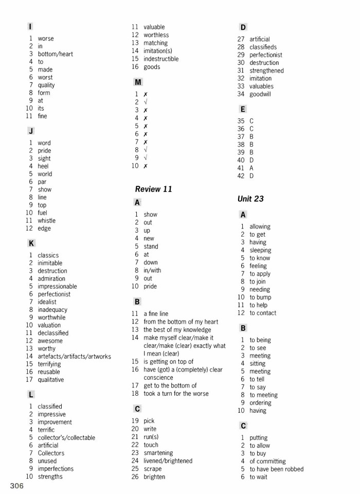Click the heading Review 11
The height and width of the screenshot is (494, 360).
153,189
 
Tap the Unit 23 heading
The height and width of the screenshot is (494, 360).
250,199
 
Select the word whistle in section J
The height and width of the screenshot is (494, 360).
46,221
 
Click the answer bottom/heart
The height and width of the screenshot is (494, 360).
55,54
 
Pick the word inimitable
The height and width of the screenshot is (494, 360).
50,263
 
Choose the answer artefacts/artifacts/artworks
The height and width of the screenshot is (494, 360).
74,356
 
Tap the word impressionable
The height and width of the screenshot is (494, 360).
57,286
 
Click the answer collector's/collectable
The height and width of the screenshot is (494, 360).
66,437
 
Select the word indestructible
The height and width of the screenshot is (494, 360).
161,59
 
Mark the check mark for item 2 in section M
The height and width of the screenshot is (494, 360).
146,102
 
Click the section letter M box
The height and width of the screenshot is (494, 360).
137,82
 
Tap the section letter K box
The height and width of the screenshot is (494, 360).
31,243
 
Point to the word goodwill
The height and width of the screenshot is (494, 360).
260,94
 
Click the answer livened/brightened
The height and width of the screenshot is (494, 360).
168,461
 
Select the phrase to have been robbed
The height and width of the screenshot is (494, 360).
277,469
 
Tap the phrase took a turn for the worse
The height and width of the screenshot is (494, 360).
176,394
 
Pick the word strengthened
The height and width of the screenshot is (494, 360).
266,70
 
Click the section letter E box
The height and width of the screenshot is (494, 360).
243,109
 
